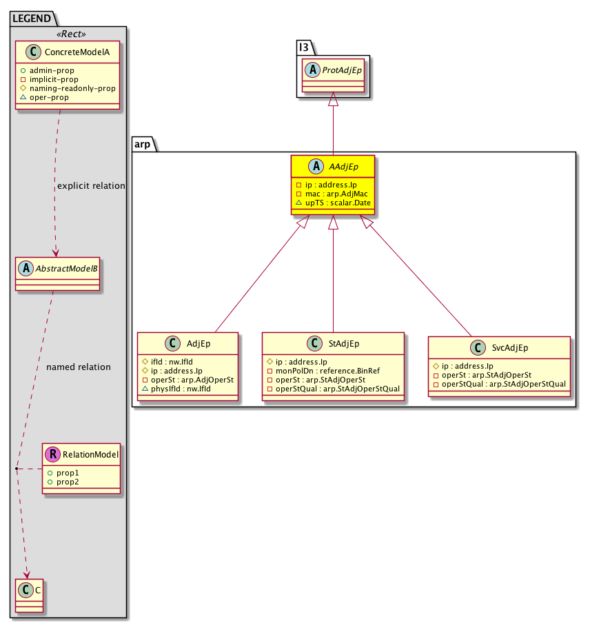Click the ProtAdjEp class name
342,70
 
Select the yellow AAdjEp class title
343,167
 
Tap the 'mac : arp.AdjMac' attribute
336,194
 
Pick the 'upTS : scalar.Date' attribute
338,203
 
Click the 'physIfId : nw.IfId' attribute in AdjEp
181,389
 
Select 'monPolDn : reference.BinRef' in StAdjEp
327,371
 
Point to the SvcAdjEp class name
510,347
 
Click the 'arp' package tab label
142,144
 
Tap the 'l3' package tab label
304,48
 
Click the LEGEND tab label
32,19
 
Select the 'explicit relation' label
91,186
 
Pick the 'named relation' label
79,367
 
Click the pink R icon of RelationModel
52,454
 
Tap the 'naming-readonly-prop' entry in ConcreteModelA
72,88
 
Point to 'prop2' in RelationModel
68,482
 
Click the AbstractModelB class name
67,269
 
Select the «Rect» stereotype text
71,34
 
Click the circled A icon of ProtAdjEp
312,70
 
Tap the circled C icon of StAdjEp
314,343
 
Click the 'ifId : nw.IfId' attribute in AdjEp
172,362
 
